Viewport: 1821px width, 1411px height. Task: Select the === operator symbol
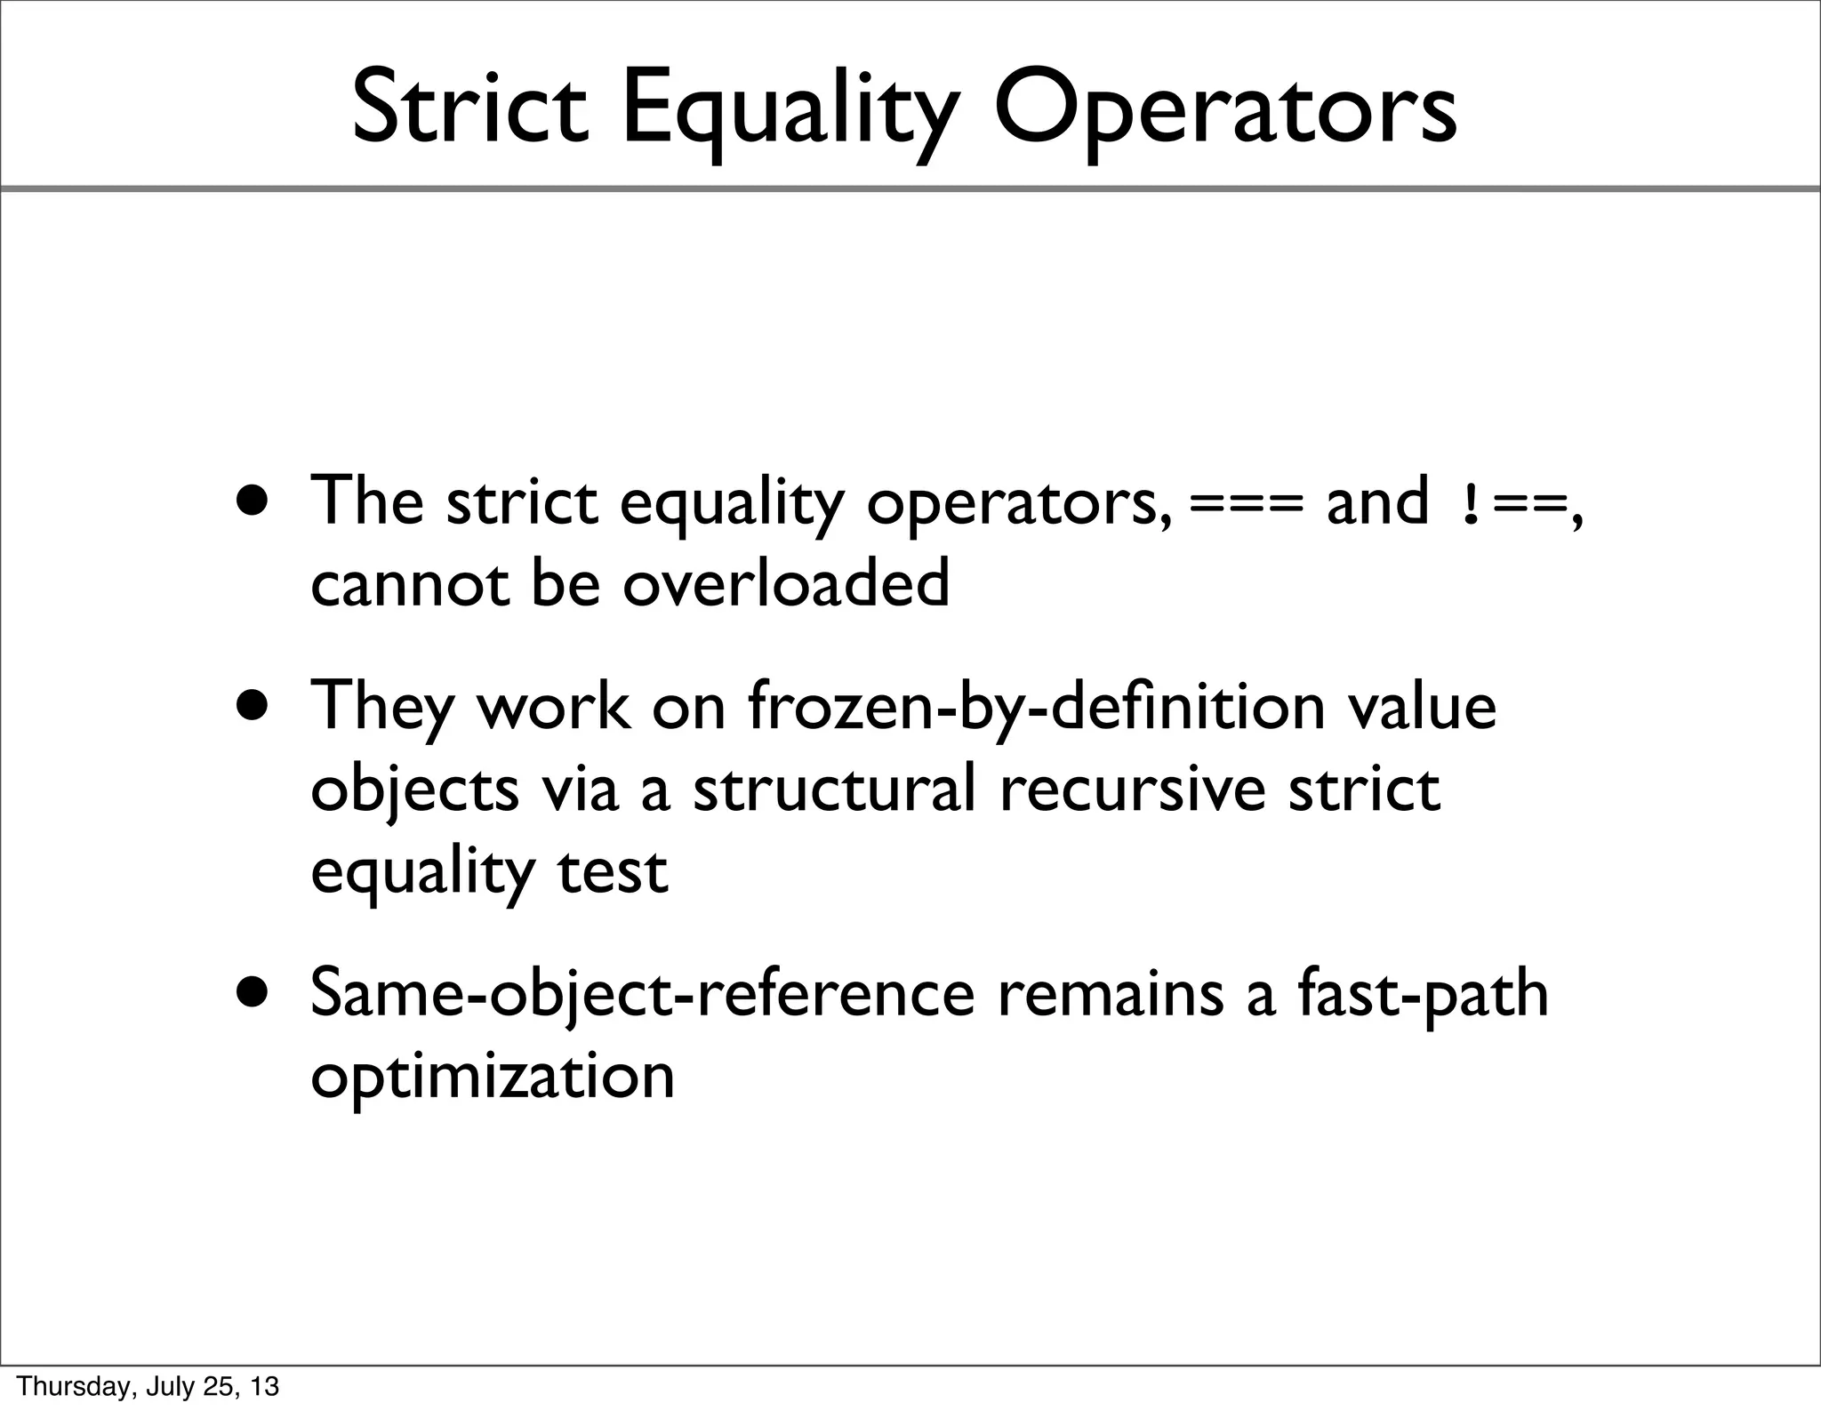1245,504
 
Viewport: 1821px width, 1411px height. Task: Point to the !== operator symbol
1514,504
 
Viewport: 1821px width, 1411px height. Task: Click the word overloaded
786,584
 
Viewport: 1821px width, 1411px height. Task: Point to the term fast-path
1423,994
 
